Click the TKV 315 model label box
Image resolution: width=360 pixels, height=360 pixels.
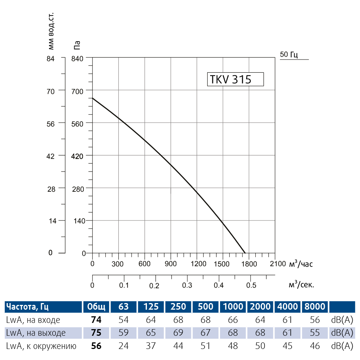(x=235, y=79)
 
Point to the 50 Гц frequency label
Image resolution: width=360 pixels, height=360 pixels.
(x=289, y=55)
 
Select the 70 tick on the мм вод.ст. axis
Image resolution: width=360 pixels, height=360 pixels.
(x=50, y=90)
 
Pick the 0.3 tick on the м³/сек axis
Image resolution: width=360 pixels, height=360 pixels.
(x=187, y=285)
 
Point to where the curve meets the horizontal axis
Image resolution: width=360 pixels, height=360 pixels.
(x=245, y=253)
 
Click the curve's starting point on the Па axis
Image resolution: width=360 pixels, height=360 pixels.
(x=92, y=98)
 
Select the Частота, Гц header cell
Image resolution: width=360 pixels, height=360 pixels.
(x=28, y=307)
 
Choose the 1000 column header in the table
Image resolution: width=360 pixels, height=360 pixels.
(x=233, y=307)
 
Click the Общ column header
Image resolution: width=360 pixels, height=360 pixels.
(x=96, y=307)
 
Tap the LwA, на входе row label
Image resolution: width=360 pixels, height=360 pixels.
(x=33, y=320)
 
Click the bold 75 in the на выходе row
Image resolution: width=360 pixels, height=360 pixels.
(x=96, y=333)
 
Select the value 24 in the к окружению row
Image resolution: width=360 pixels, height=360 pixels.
(x=124, y=346)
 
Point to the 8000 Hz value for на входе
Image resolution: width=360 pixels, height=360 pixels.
(x=315, y=320)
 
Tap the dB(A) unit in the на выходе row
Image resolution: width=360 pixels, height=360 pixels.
(x=342, y=333)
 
